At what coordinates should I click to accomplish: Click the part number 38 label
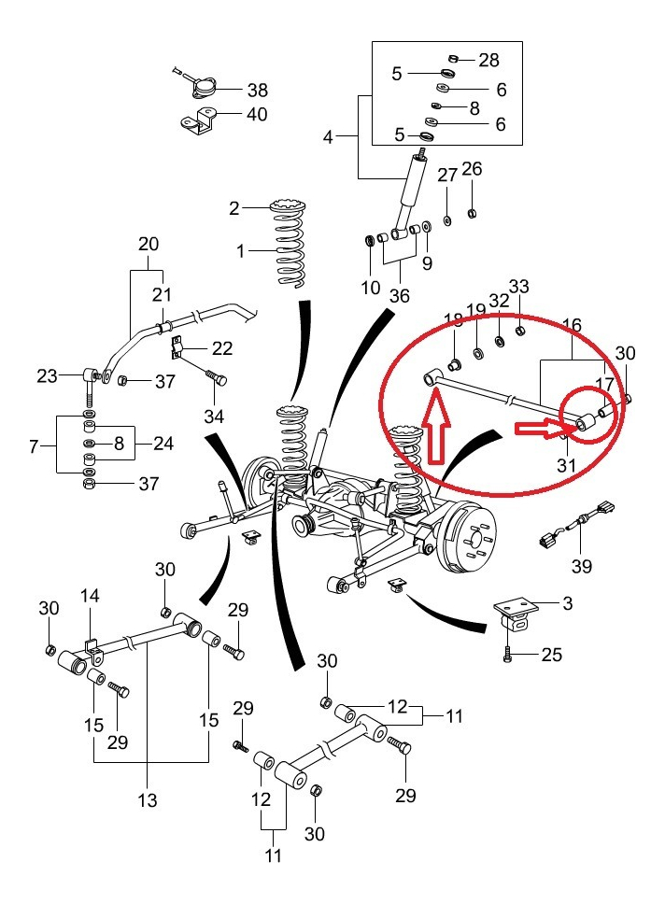coord(257,91)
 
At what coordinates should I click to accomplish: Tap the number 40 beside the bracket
coord(256,115)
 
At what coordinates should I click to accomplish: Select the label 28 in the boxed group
coord(488,60)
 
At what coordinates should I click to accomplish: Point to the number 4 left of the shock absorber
coord(328,138)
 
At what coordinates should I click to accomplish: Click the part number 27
coord(447,176)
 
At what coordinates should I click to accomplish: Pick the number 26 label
coord(472,169)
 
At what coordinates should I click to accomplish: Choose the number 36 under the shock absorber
coord(400,295)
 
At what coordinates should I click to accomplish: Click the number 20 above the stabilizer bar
coord(149,245)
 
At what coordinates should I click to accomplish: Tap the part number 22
coord(221,348)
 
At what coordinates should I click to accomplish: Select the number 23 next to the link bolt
coord(48,376)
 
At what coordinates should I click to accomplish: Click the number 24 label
coord(163,444)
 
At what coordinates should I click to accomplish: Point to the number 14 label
coord(89,597)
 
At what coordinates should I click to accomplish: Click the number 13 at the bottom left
coord(147,799)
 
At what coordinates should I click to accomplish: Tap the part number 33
coord(518,286)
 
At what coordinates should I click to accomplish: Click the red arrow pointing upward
coord(435,429)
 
